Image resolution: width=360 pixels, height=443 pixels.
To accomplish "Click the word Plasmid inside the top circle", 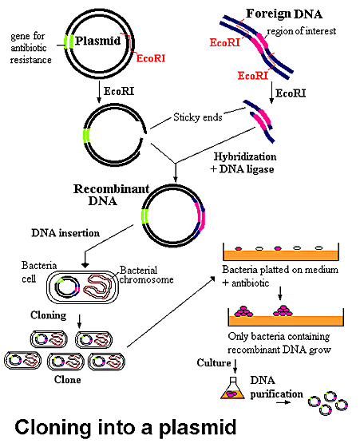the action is (97, 42).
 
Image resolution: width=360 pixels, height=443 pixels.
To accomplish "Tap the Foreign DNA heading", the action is (284, 14).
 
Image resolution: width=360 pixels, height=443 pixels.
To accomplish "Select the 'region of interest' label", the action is (302, 31).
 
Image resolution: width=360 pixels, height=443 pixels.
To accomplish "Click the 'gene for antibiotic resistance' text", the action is (31, 48).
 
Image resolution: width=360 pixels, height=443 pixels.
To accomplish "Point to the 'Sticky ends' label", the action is (197, 117).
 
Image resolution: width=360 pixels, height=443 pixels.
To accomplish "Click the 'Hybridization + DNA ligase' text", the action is (243, 163).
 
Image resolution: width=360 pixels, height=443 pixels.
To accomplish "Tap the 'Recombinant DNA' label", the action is (111, 195).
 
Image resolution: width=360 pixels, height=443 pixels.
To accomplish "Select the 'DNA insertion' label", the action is (65, 233).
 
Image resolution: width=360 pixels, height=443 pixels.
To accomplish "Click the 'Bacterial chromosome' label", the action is (146, 275).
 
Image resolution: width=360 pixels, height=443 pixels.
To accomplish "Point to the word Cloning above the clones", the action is (49, 315).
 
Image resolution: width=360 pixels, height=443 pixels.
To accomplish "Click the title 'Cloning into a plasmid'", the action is (125, 427).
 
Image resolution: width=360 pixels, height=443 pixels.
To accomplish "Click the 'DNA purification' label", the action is (276, 387).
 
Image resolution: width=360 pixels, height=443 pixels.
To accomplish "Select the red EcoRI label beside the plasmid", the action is (151, 58).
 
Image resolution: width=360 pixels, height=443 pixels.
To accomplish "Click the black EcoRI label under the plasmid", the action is (119, 92).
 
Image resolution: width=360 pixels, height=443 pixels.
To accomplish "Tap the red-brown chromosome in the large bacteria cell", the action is (99, 287).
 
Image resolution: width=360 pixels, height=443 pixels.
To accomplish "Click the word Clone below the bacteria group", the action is (67, 379).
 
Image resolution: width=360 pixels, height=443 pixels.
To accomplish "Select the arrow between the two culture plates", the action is (279, 293).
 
